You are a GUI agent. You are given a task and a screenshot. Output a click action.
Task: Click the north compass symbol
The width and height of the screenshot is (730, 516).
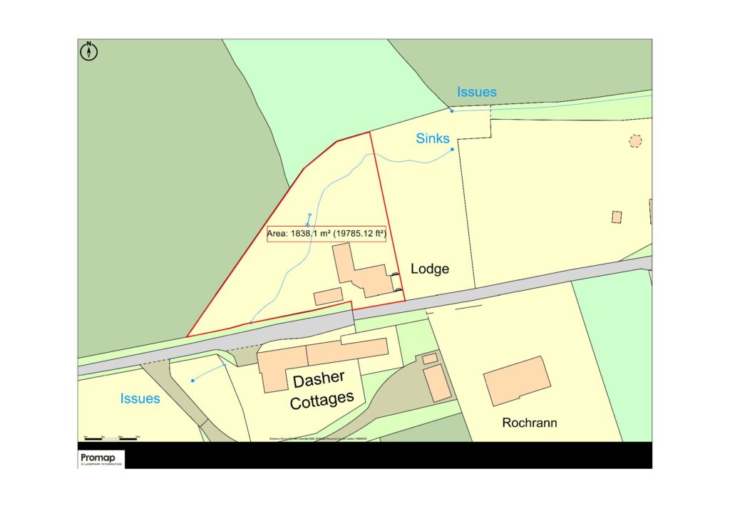(x=89, y=51)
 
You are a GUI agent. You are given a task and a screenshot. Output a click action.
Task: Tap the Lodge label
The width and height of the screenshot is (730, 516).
(x=430, y=269)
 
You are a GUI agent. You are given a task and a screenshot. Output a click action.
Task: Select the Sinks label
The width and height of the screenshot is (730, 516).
(x=433, y=138)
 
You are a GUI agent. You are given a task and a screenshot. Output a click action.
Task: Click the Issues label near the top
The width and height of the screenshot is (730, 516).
(x=477, y=92)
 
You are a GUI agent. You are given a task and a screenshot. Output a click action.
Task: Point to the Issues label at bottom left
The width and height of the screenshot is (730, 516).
(x=140, y=398)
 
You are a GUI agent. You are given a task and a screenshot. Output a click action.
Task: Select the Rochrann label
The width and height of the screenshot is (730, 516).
(x=530, y=423)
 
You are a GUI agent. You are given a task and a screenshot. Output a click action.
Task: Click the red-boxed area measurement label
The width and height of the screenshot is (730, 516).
(x=327, y=234)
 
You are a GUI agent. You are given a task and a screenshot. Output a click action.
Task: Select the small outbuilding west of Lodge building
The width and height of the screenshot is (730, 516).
(x=328, y=296)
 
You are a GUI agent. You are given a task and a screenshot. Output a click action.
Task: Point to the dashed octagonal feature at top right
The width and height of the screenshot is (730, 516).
(x=635, y=140)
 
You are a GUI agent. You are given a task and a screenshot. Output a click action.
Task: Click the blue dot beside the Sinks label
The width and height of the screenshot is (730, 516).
(x=452, y=150)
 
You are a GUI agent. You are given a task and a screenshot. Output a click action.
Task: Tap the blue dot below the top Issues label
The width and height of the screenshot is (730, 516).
(x=451, y=110)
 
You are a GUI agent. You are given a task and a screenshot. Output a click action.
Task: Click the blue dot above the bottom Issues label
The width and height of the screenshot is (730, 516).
(x=192, y=381)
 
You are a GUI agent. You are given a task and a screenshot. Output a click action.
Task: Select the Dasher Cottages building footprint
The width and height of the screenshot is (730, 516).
(x=321, y=356)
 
